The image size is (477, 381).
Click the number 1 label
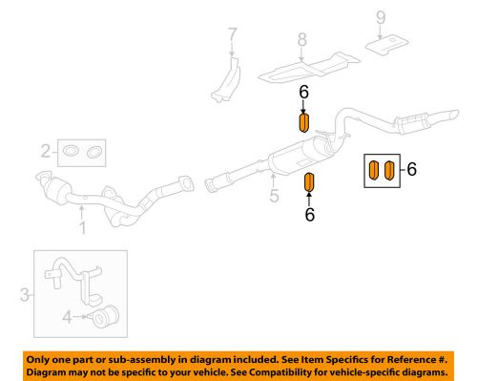click(x=82, y=227)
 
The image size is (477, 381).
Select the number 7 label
click(x=231, y=39)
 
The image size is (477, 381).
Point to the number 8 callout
click(x=301, y=40)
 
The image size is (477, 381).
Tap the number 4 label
click(x=66, y=316)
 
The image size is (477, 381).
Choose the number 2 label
click(x=45, y=150)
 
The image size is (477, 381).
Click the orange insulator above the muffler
click(x=303, y=123)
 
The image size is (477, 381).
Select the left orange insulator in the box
click(x=374, y=171)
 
